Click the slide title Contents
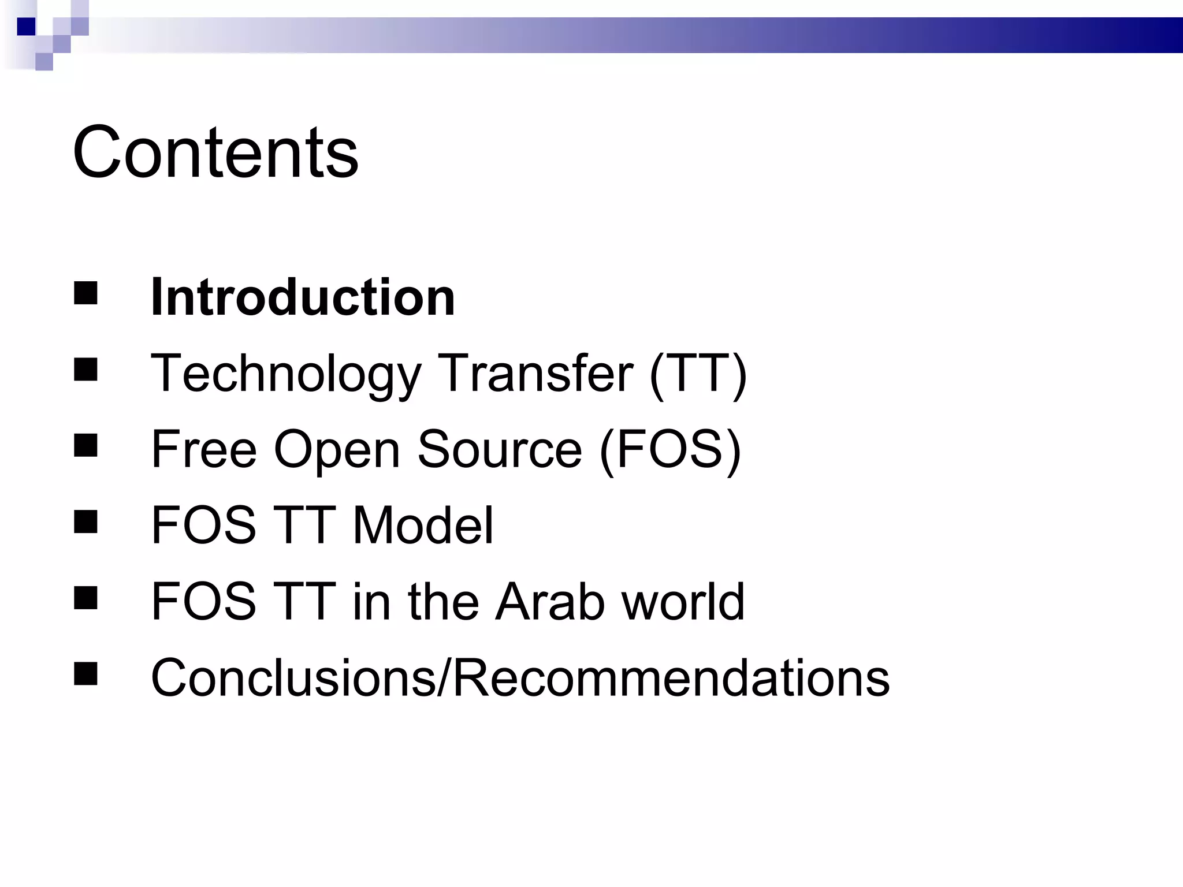pos(215,152)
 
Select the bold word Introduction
pos(303,297)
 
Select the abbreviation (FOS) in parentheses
pos(670,450)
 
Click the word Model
pos(423,525)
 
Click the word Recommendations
pos(670,677)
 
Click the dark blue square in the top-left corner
pos(26,27)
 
